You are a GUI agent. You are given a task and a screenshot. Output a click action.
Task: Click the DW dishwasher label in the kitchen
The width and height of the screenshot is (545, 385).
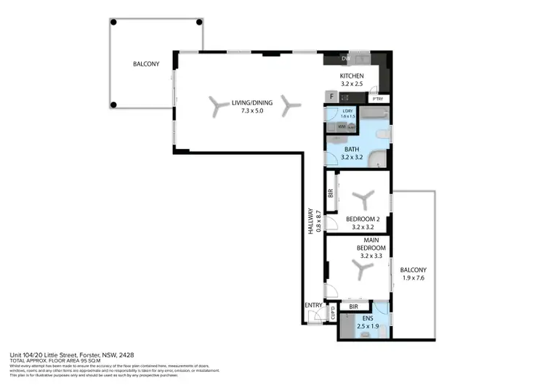click(x=346, y=60)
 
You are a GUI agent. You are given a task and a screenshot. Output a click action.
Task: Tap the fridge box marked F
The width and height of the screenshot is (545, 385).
click(x=332, y=96)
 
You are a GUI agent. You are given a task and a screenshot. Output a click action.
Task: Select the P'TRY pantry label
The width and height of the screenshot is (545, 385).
click(x=378, y=98)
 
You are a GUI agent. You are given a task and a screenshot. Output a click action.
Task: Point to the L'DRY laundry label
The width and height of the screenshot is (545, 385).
click(x=347, y=110)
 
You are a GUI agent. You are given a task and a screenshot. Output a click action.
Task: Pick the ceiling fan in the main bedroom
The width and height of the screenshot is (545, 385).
click(x=361, y=270)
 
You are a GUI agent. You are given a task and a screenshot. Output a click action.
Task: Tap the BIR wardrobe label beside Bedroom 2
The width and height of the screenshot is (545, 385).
click(x=331, y=193)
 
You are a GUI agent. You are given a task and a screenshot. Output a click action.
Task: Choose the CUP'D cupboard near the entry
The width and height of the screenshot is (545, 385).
click(x=332, y=315)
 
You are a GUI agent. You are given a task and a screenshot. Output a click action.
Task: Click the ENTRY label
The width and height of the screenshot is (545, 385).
click(x=313, y=305)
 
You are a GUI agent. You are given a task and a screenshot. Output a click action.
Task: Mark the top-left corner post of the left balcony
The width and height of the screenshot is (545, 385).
click(x=113, y=22)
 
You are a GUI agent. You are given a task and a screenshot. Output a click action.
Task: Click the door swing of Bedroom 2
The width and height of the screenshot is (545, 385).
click(x=331, y=224)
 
